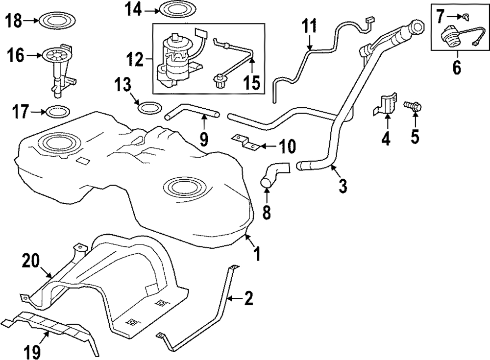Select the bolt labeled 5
coord(413,107)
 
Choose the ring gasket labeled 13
coord(150,108)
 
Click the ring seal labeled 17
coord(57,112)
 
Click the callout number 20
coord(30,261)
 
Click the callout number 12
coord(135,59)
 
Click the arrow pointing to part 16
coord(34,55)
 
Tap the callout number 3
coord(343,186)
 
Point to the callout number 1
coord(256,254)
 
